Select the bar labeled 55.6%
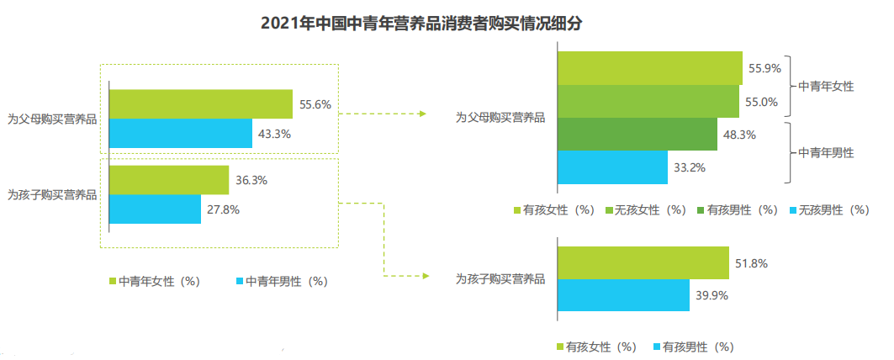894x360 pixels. pyautogui.click(x=200, y=104)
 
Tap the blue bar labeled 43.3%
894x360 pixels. pyautogui.click(x=180, y=133)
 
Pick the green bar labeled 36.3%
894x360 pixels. pyautogui.click(x=168, y=180)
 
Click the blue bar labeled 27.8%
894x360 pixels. pyautogui.click(x=155, y=209)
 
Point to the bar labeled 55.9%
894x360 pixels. pyautogui.click(x=649, y=68)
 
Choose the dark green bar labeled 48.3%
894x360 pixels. pyautogui.click(x=637, y=134)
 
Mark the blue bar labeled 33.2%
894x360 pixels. pyautogui.click(x=612, y=167)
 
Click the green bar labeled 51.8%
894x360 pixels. pyautogui.click(x=643, y=262)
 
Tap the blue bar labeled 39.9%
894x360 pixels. pyautogui.click(x=623, y=294)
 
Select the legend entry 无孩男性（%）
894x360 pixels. pyautogui.click(x=828, y=210)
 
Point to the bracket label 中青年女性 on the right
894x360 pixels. pyautogui.click(x=826, y=86)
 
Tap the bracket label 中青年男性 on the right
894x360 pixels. pyautogui.click(x=826, y=152)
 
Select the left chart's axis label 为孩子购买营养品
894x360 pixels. pyautogui.click(x=52, y=194)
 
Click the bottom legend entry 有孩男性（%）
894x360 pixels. pyautogui.click(x=692, y=346)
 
